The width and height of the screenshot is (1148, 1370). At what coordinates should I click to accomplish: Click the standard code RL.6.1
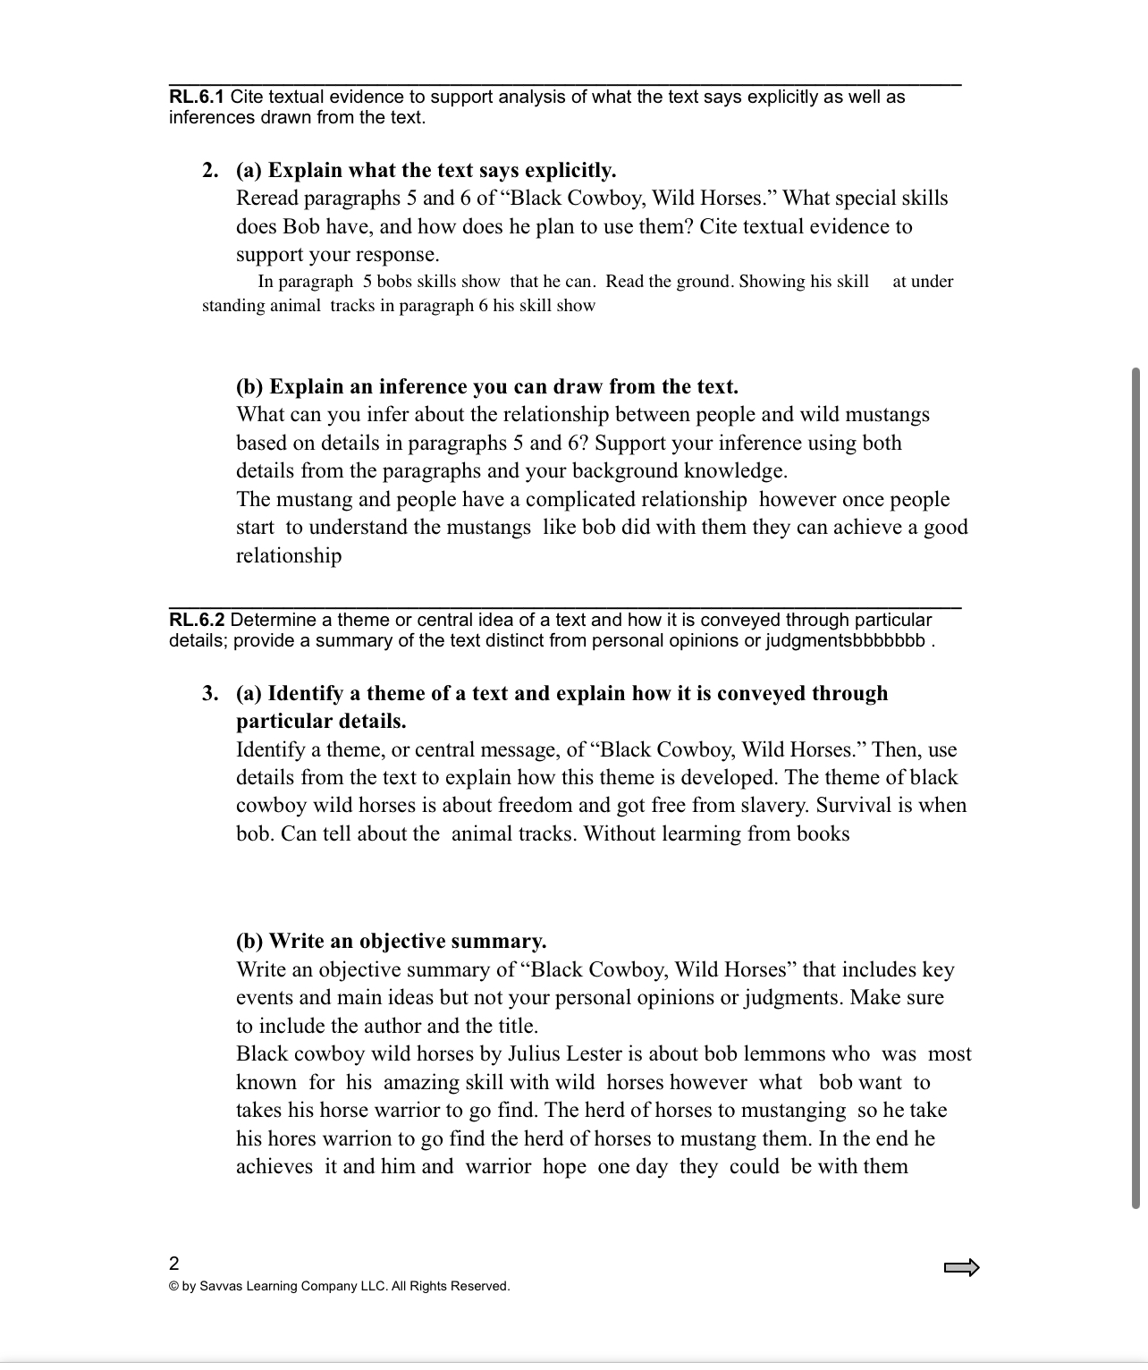(x=197, y=97)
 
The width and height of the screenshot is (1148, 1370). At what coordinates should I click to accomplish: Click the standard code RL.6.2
(x=197, y=620)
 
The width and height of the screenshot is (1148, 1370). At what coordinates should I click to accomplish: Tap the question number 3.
(x=210, y=693)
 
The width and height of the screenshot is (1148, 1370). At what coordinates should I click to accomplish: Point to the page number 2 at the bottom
(x=174, y=1263)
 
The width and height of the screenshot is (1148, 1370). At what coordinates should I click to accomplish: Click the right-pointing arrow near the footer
(x=962, y=1267)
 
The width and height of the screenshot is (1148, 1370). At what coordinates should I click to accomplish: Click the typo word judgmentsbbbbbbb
(x=846, y=640)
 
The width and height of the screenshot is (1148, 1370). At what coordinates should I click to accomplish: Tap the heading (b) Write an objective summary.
(x=392, y=941)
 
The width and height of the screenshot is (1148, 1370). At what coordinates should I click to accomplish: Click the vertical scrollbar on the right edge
(x=1135, y=787)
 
